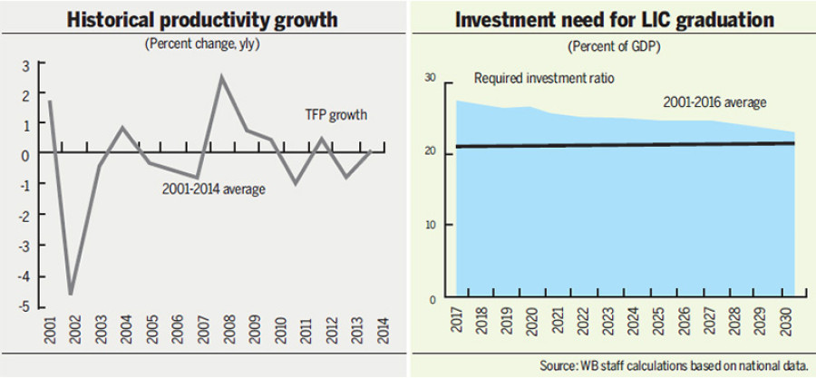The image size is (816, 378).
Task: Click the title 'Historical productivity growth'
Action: tap(203, 19)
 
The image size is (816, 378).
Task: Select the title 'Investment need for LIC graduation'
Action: tap(613, 19)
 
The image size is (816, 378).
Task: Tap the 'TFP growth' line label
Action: tap(335, 115)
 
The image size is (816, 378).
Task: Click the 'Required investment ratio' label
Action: tap(544, 79)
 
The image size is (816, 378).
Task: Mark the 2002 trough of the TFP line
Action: tap(71, 293)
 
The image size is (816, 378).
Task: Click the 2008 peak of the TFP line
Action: tap(221, 77)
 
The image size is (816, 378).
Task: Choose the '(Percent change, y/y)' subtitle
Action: tap(202, 44)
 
